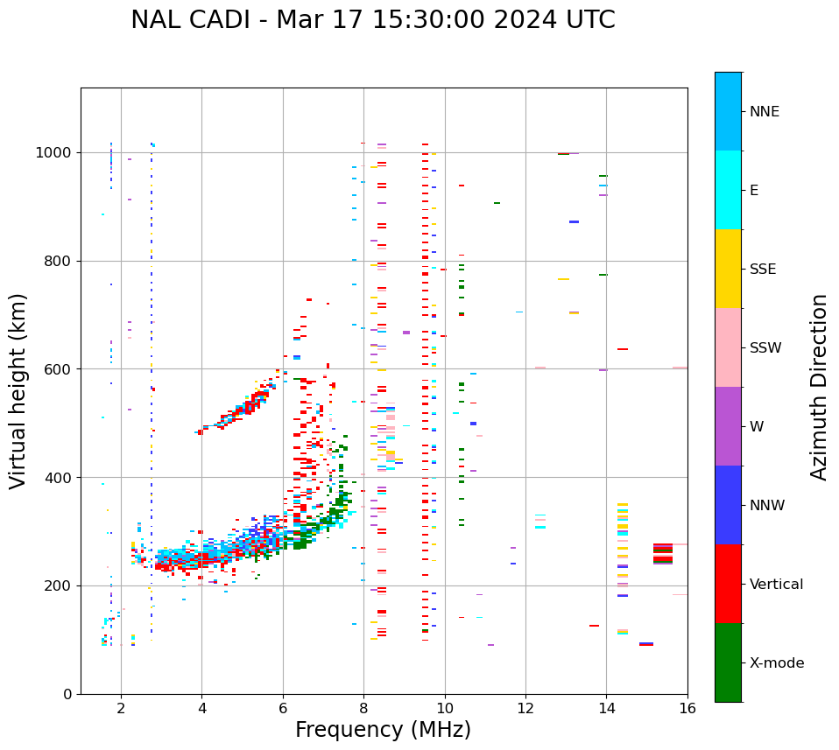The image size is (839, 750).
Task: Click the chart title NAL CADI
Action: coord(373,20)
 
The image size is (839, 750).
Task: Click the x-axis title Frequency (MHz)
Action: coord(383,730)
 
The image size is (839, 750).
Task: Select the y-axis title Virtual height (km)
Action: coord(18,390)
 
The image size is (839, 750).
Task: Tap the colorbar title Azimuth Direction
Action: coord(819,387)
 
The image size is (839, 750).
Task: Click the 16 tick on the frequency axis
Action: coord(687,707)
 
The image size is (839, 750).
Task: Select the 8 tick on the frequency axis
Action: coord(363,707)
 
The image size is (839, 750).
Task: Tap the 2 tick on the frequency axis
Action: coord(121,707)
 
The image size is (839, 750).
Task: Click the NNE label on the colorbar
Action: coord(764,112)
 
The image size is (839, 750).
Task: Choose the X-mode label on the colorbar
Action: coord(777,663)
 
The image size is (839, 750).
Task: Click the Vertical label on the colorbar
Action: coord(776,585)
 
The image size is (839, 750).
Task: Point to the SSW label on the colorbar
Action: coord(765,348)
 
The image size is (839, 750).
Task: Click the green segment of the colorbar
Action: coord(728,662)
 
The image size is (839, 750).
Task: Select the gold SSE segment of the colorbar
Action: coord(728,269)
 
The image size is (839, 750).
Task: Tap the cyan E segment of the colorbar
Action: coord(728,190)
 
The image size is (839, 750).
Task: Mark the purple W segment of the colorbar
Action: coord(728,426)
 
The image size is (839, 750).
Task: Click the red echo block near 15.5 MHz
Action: coord(663,554)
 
